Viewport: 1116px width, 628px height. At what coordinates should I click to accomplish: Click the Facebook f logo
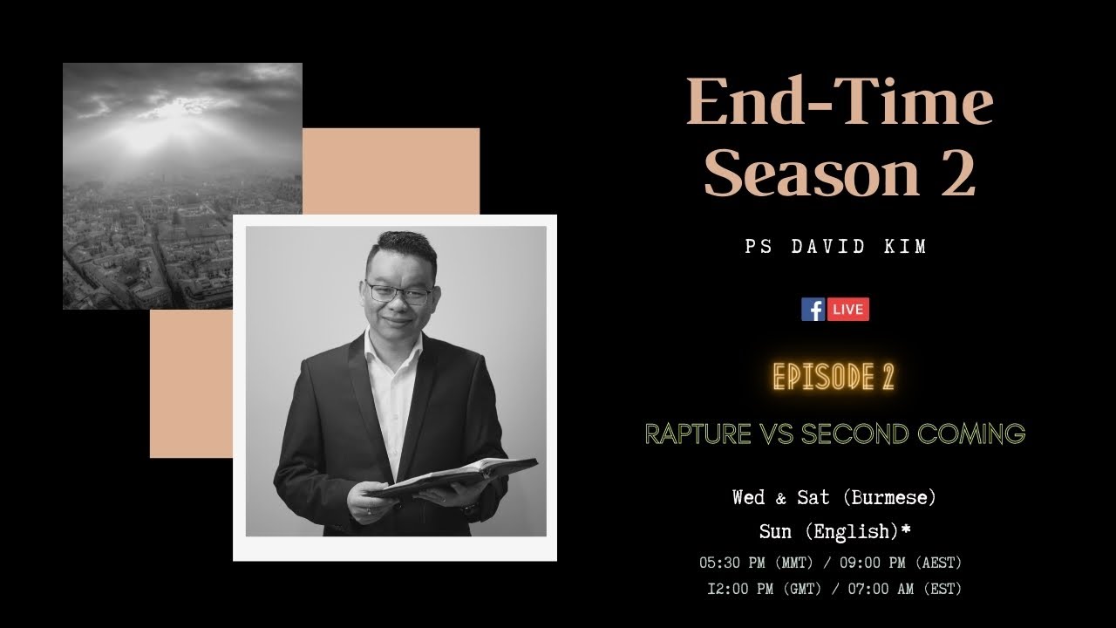coord(813,310)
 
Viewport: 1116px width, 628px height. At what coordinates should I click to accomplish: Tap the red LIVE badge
coord(847,310)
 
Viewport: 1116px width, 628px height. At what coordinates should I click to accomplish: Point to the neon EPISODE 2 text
coord(834,377)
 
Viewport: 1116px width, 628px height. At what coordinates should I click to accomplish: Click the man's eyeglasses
coord(398,292)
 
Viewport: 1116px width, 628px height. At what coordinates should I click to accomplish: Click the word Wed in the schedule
coord(749,497)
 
